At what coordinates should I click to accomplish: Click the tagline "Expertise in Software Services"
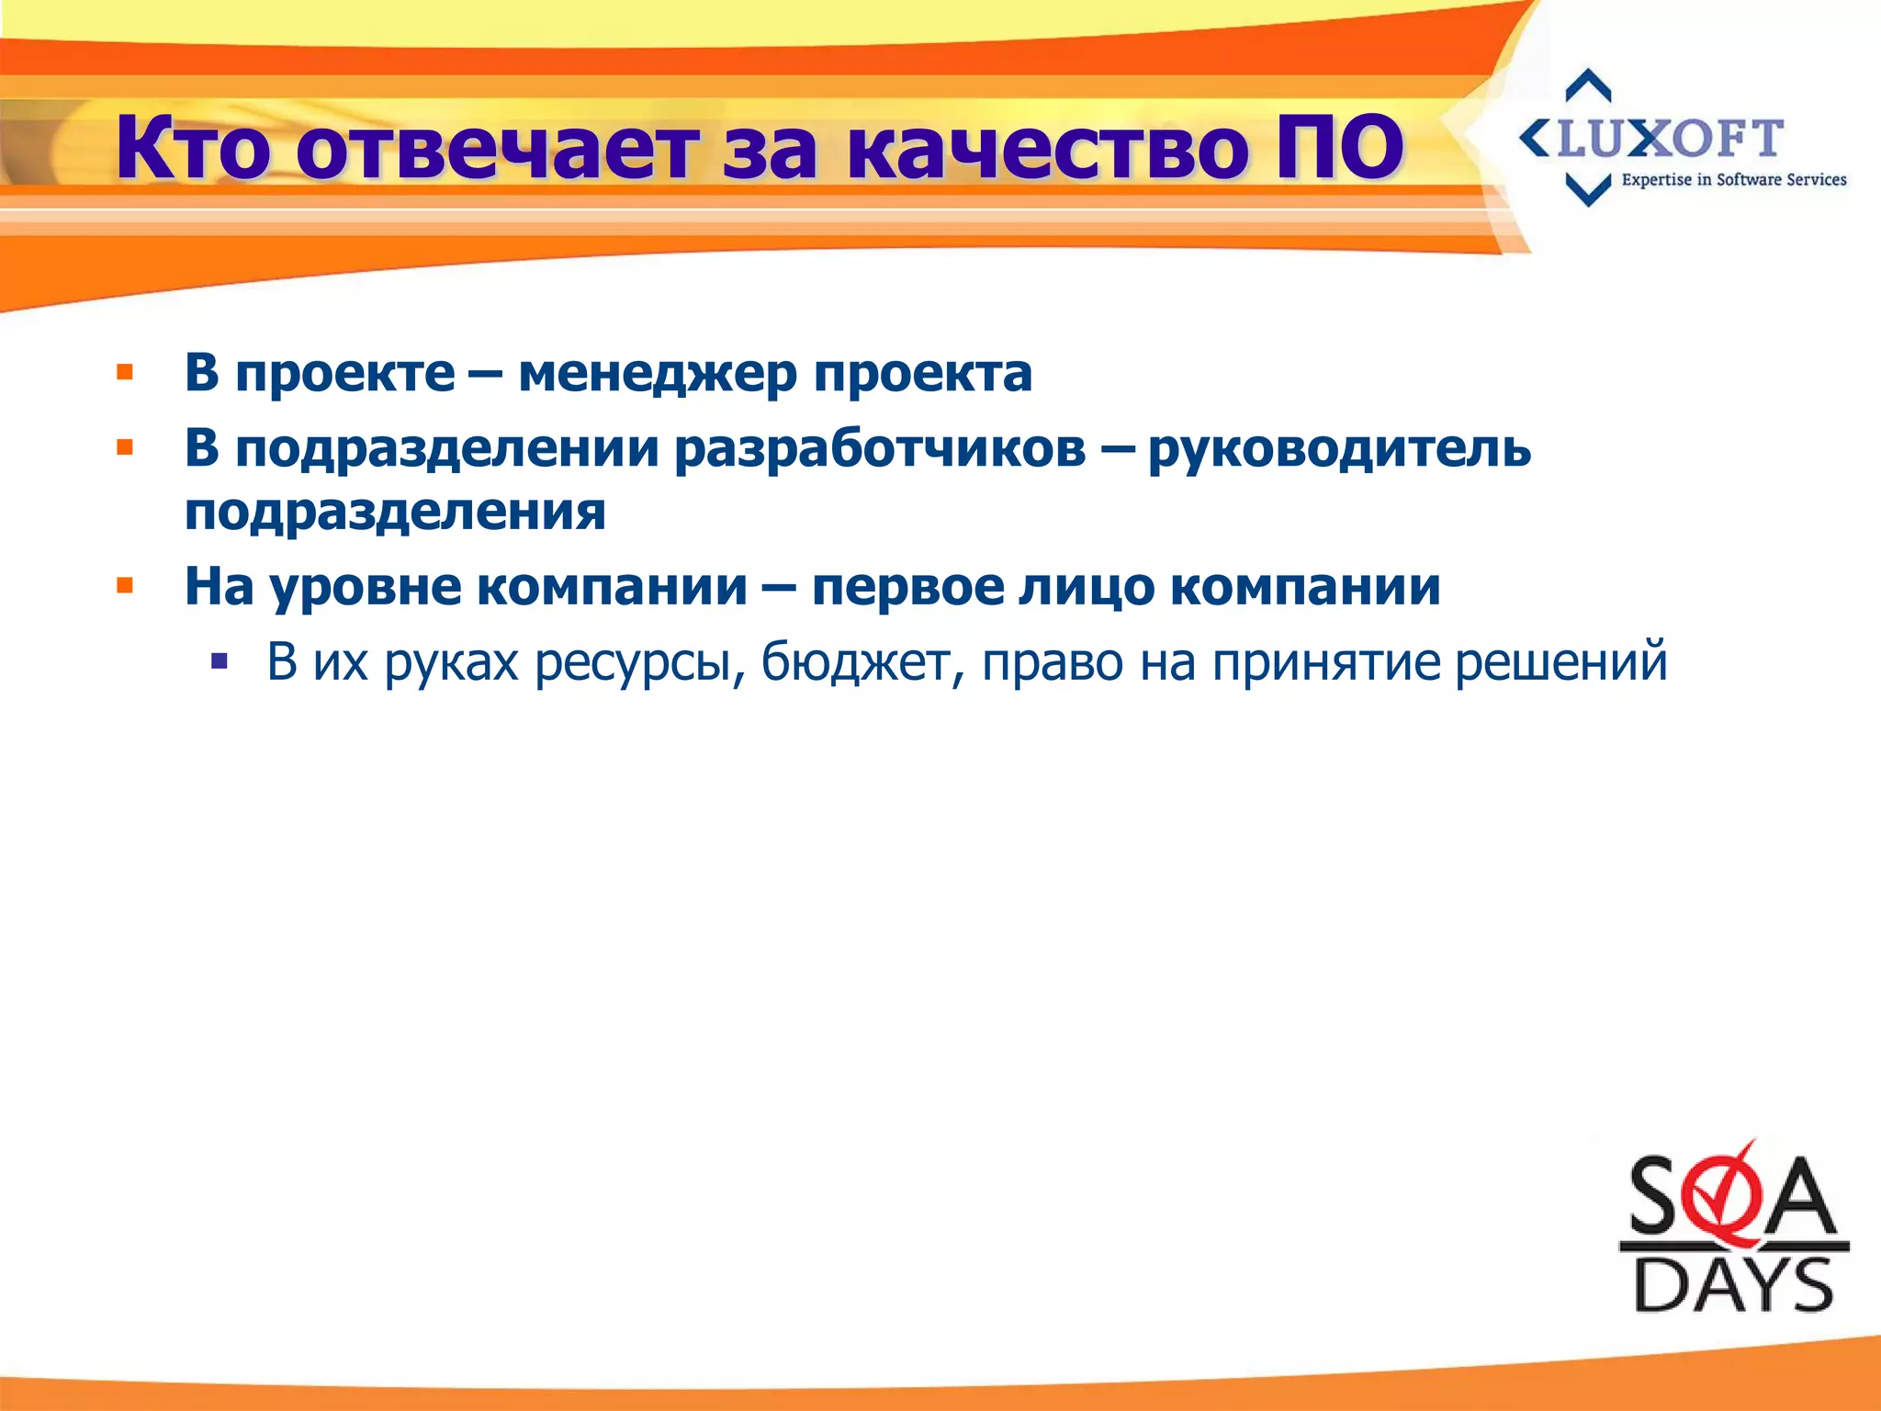[1733, 180]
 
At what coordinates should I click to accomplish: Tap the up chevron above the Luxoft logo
[1588, 85]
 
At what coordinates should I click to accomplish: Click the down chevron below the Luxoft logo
[1588, 190]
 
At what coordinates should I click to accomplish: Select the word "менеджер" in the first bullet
[658, 374]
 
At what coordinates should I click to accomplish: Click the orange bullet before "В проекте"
[125, 373]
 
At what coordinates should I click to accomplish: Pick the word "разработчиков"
[880, 449]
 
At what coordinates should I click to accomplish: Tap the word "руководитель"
[1339, 449]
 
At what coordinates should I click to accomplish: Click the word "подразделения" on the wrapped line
[395, 512]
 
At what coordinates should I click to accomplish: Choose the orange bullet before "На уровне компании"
[125, 586]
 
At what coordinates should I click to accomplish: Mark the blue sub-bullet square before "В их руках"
[219, 660]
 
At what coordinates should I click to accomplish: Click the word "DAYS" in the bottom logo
[1733, 1285]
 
